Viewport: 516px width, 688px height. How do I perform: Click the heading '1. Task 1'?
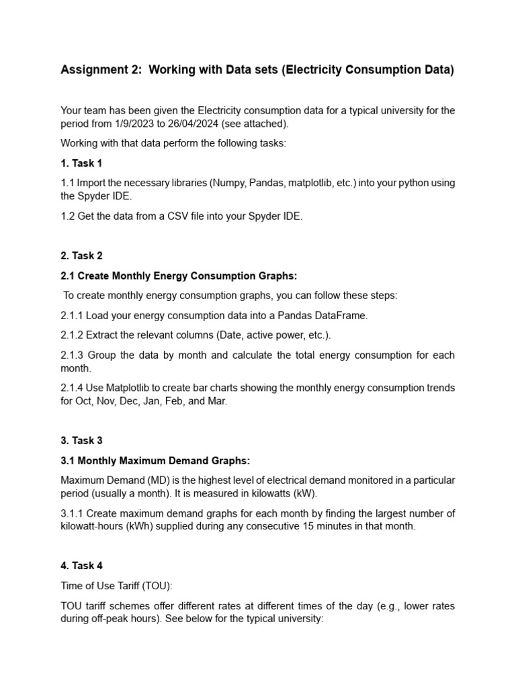(x=81, y=163)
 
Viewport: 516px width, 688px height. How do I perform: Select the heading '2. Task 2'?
(x=81, y=255)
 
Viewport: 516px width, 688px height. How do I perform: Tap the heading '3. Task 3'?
(x=81, y=440)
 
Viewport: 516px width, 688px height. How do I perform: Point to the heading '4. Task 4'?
(x=81, y=566)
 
